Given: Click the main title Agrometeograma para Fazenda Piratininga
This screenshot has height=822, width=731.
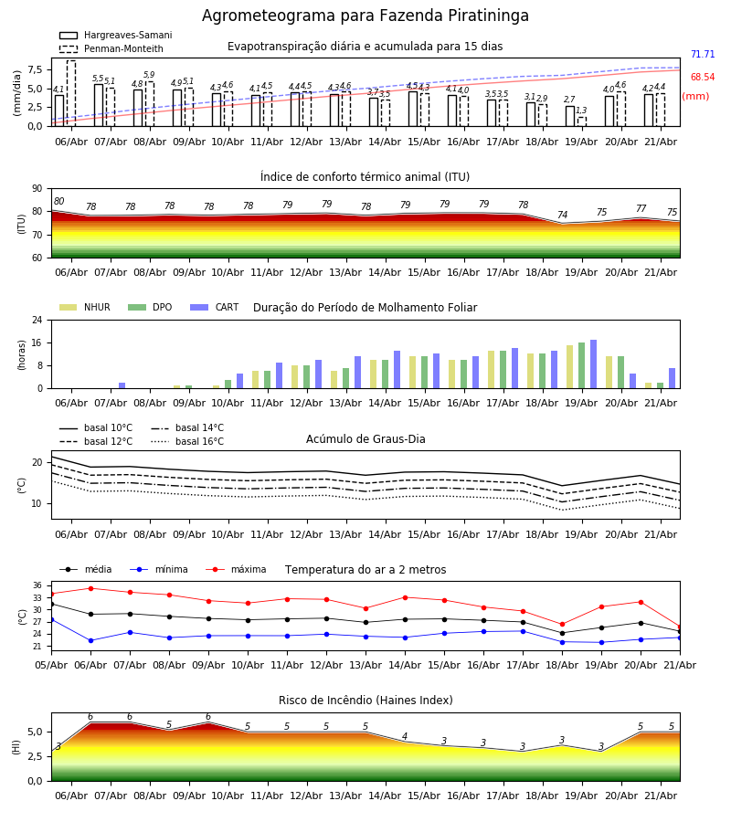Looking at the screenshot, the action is pos(365,16).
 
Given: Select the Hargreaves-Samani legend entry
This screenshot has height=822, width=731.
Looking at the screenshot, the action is pos(115,35).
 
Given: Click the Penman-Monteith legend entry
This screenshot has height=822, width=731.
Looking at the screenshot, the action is pos(111,48).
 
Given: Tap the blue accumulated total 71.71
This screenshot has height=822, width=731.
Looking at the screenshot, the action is pos(703,55).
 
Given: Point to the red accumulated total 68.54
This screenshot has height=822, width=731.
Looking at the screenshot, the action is pos(703,77).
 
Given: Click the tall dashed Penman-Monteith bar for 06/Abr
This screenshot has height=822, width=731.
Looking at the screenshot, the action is pos(70,93).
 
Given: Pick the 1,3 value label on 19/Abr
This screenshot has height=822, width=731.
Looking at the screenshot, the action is pos(581,111).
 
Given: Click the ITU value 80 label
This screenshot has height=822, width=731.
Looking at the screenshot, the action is pos(58,201).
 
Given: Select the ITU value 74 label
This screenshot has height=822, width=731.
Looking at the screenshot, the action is pos(562,215).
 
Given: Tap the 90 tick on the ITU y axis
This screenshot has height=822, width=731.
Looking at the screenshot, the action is pos(37,189).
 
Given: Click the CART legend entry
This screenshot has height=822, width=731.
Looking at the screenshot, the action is pos(215,307).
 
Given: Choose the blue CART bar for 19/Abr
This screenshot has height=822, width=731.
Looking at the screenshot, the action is pos(594,364).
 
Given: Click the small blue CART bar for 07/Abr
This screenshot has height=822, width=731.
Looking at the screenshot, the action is pos(122,385).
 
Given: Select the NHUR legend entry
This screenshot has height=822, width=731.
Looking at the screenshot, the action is pos(85,307).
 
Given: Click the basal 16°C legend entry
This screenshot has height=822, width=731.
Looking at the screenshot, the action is pos(187,441).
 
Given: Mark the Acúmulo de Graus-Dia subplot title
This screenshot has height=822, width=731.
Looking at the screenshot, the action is pos(365,439).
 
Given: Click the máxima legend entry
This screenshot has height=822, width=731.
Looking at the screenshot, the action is pos(237,569).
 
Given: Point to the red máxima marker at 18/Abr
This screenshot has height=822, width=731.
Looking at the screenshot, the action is pos(563,625).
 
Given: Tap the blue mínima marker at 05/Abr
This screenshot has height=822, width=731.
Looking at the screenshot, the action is pos(51,619).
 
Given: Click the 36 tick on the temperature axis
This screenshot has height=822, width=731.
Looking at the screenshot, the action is pos(37,585).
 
